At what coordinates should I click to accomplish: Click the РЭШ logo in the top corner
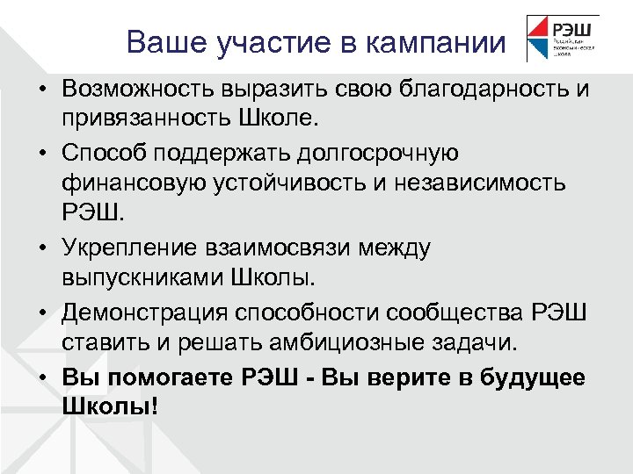(x=563, y=38)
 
